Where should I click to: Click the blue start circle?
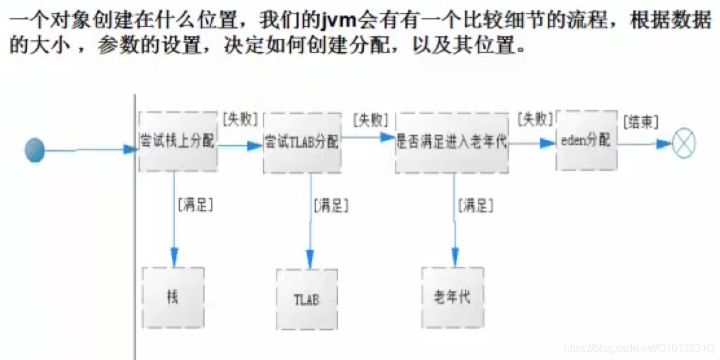(x=34, y=150)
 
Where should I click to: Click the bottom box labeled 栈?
(x=173, y=297)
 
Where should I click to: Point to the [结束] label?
(x=640, y=122)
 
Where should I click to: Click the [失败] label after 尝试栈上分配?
(x=240, y=119)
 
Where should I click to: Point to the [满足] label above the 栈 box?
(x=195, y=205)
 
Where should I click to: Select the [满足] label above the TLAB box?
(x=331, y=206)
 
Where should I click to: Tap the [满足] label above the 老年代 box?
(x=475, y=206)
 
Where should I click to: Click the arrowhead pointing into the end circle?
(x=663, y=144)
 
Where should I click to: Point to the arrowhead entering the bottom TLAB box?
(x=309, y=260)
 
